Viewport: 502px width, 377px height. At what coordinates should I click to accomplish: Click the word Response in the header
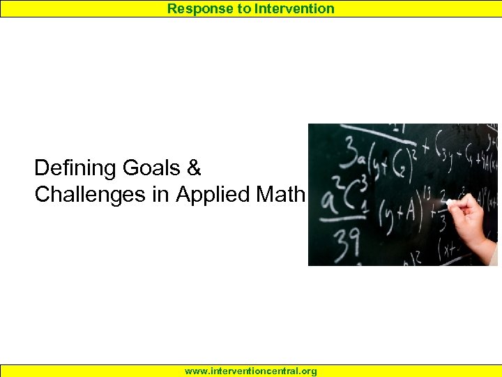[196, 8]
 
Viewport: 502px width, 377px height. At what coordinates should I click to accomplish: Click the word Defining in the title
[75, 168]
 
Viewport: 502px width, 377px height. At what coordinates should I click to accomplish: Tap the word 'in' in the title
[161, 195]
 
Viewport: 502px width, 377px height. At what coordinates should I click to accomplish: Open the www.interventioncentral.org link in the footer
[251, 371]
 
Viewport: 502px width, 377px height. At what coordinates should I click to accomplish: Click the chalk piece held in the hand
[452, 202]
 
